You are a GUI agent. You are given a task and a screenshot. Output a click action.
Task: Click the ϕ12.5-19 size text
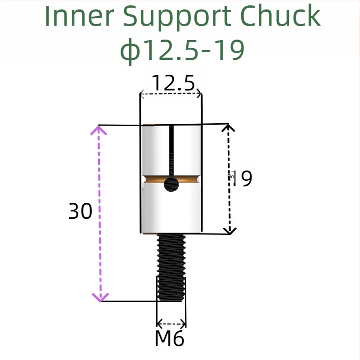point(182,50)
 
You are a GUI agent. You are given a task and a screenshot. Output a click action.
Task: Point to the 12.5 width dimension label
point(173,83)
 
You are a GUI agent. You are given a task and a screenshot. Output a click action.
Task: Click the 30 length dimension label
point(80,211)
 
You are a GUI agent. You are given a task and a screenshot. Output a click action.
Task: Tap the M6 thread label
point(170,338)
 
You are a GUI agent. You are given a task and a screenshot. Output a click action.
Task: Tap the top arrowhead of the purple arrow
point(99,130)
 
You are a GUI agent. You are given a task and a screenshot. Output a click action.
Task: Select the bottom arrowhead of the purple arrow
point(100,297)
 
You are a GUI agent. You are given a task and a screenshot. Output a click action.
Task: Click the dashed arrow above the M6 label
point(171,323)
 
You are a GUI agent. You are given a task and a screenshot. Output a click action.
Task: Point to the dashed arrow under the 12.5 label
point(171,94)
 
